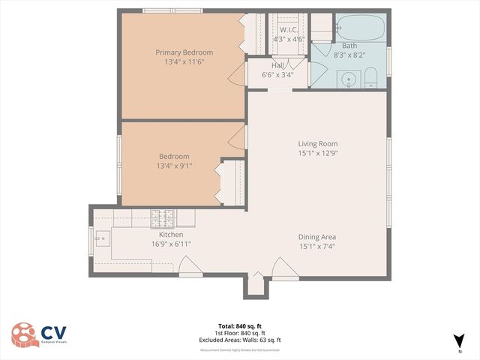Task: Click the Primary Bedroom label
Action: (184, 52)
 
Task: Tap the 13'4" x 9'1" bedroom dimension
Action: (174, 166)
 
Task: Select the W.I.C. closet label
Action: (287, 30)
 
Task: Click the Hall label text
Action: (277, 65)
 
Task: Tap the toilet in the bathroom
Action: (371, 77)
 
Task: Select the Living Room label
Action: (318, 143)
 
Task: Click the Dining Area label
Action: (318, 236)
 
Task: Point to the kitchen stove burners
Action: (163, 218)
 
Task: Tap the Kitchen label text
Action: (171, 235)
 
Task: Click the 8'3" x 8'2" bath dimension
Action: (349, 54)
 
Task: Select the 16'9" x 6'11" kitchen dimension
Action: (171, 244)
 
